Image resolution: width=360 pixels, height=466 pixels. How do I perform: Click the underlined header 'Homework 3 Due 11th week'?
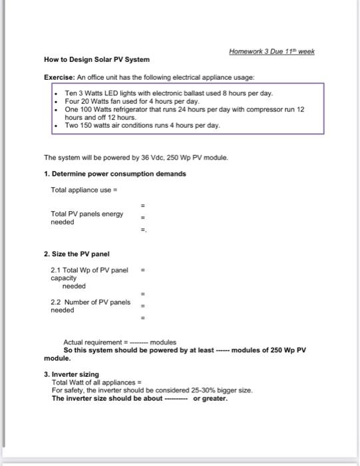271,51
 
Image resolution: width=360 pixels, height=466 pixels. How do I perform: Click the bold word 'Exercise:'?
58,77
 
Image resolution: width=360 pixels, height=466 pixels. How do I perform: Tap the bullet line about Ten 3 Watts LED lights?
168,93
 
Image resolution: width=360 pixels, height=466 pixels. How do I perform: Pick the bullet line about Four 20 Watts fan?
132,101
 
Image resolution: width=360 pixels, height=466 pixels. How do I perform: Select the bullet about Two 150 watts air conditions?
142,124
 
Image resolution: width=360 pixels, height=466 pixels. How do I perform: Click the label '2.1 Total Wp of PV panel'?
89,270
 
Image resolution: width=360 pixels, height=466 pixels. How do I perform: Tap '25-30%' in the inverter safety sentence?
188,390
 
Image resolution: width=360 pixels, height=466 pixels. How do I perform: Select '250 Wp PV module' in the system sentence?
197,159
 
